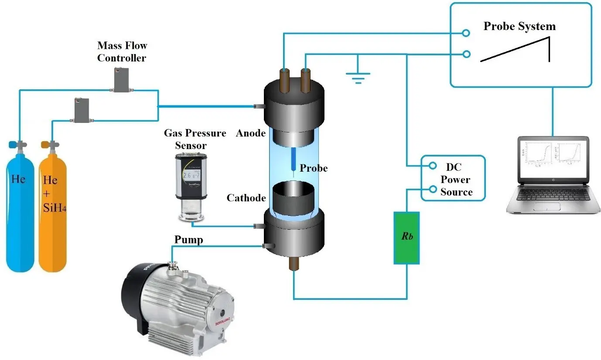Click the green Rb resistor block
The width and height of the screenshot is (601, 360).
406,238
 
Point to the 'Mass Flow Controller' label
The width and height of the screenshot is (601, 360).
122,51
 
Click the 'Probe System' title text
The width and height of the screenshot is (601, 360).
519,26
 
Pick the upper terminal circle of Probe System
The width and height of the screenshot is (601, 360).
466,33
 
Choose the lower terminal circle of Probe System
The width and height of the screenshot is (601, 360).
466,54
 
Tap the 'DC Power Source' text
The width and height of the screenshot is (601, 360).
456,180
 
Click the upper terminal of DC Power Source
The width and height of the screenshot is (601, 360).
433,166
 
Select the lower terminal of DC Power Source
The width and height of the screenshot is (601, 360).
433,189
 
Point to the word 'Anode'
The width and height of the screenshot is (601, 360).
251,133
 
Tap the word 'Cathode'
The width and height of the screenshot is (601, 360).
246,198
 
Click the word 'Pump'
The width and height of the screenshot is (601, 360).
188,239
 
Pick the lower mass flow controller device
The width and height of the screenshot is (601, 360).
82,109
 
